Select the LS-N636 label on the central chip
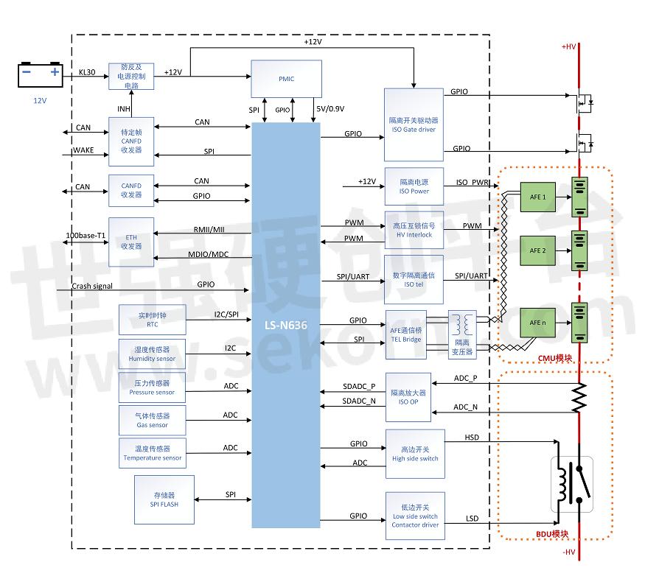pos(285,323)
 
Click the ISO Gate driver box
pos(414,124)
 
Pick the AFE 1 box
pos(537,197)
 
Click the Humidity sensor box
pos(153,354)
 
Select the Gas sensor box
pos(153,420)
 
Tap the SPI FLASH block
pos(164,499)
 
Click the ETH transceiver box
pos(131,242)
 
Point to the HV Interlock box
pos(414,231)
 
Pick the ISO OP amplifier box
pos(414,398)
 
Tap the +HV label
pos(568,46)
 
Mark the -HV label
pos(568,552)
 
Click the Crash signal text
pos(92,286)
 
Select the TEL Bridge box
pos(406,334)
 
